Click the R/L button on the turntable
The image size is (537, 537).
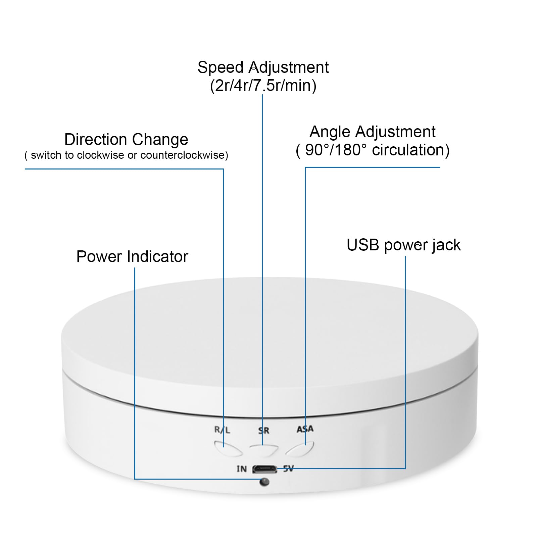(228, 449)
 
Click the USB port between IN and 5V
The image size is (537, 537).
(265, 469)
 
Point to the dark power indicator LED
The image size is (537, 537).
(264, 482)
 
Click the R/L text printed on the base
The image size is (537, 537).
(222, 430)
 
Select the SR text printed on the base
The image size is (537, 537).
(264, 431)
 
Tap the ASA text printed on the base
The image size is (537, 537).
(305, 429)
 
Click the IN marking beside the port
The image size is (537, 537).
(242, 469)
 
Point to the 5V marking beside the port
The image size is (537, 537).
(288, 469)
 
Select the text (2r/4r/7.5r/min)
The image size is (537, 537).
(263, 86)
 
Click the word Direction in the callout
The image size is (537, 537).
(96, 139)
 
